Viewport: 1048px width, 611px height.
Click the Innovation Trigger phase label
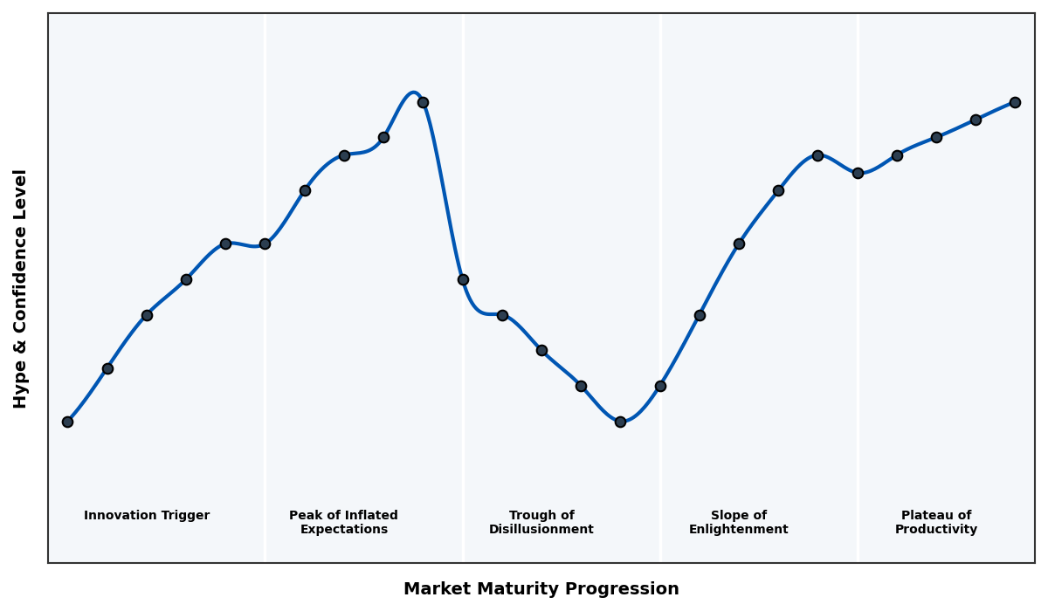pyautogui.click(x=147, y=516)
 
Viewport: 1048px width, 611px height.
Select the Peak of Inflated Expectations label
pyautogui.click(x=343, y=523)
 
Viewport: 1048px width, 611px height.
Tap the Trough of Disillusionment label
pyautogui.click(x=541, y=523)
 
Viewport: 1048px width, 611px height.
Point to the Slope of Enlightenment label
pyautogui.click(x=739, y=523)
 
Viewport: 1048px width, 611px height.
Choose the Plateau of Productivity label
pyautogui.click(x=936, y=523)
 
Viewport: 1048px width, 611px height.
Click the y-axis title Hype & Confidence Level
pyautogui.click(x=21, y=288)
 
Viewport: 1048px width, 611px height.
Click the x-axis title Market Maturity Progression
pyautogui.click(x=541, y=589)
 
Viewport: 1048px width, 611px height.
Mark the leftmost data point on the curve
pyautogui.click(x=67, y=422)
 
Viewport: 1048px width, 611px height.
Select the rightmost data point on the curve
pyautogui.click(x=1015, y=102)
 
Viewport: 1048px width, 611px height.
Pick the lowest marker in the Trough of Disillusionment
pyautogui.click(x=620, y=422)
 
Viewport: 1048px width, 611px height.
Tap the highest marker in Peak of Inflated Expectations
pyautogui.click(x=423, y=102)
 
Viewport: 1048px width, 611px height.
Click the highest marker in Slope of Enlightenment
pyautogui.click(x=817, y=155)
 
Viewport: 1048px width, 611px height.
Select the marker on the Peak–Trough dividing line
pyautogui.click(x=463, y=279)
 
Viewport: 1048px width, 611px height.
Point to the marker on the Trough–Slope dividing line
pyautogui.click(x=660, y=386)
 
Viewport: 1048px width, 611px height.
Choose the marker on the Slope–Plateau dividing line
pyautogui.click(x=858, y=173)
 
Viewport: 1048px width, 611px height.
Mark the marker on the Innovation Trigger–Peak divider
pyautogui.click(x=265, y=244)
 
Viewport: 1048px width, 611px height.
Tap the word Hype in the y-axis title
pyautogui.click(x=21, y=388)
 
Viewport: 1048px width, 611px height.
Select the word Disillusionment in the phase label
pyautogui.click(x=541, y=530)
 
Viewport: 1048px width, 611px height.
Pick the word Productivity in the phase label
pyautogui.click(x=936, y=530)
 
